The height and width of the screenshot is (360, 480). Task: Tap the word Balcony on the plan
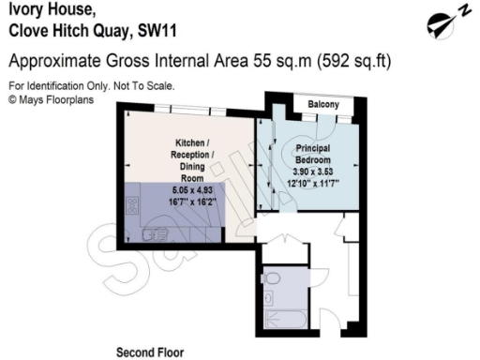coord(323,105)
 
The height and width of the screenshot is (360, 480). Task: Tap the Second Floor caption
coord(149,353)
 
